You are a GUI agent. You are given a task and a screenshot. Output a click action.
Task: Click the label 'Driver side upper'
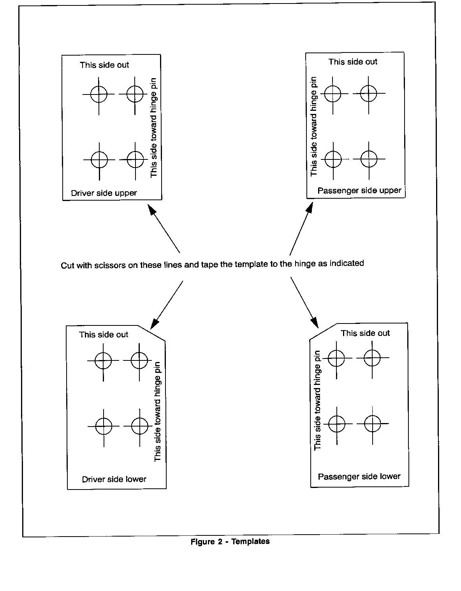(x=104, y=193)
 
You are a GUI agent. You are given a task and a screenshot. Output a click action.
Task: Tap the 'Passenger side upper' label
(x=359, y=191)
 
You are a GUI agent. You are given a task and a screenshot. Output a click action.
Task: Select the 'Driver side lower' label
(x=114, y=479)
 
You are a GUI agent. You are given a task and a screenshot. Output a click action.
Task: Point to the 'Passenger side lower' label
(x=359, y=477)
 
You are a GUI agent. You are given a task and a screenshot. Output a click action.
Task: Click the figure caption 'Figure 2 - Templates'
(x=230, y=542)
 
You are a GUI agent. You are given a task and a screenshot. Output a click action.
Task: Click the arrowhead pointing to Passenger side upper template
(x=310, y=206)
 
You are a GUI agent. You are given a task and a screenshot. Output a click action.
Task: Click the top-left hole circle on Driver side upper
(x=99, y=94)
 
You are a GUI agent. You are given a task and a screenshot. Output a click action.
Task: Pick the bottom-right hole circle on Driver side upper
(x=135, y=159)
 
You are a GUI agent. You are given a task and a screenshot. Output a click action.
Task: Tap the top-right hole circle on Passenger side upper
(x=369, y=93)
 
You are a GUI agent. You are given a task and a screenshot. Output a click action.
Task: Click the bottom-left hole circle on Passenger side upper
(x=333, y=159)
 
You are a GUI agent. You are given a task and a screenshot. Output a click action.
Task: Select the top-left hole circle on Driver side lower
(x=103, y=360)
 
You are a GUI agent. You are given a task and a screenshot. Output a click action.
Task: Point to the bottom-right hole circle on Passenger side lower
(x=373, y=423)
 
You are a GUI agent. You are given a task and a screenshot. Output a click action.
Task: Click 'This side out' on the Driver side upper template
(x=104, y=65)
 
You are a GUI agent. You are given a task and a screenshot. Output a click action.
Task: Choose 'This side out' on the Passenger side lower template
(x=365, y=333)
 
